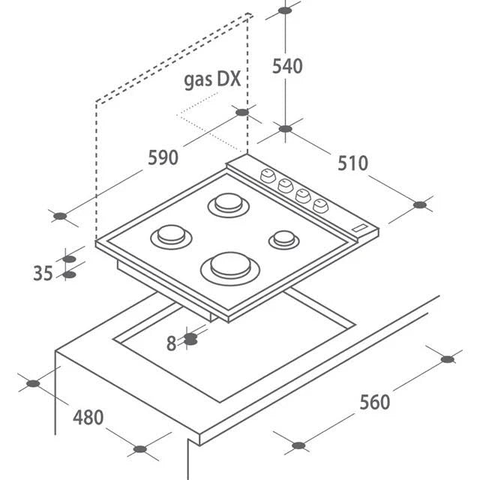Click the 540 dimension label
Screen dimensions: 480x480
pos(287,66)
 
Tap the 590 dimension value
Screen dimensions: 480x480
pos(163,157)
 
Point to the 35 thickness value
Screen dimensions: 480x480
pos(43,274)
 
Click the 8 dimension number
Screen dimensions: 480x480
pos(171,343)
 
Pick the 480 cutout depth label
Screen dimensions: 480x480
pos(88,417)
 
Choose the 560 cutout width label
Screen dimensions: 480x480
pos(374,402)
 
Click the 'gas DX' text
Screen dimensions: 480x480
pos(212,80)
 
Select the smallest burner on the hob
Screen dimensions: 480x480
pos(283,239)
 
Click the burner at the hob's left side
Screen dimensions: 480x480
pos(171,235)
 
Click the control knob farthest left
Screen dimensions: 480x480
pos(267,175)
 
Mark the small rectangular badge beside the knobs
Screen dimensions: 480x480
pos(360,228)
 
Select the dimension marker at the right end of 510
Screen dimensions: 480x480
pos(420,204)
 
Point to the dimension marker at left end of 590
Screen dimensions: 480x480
pos(61,216)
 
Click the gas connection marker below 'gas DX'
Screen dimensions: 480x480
pos(241,112)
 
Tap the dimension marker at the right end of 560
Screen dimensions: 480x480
pos(448,359)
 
